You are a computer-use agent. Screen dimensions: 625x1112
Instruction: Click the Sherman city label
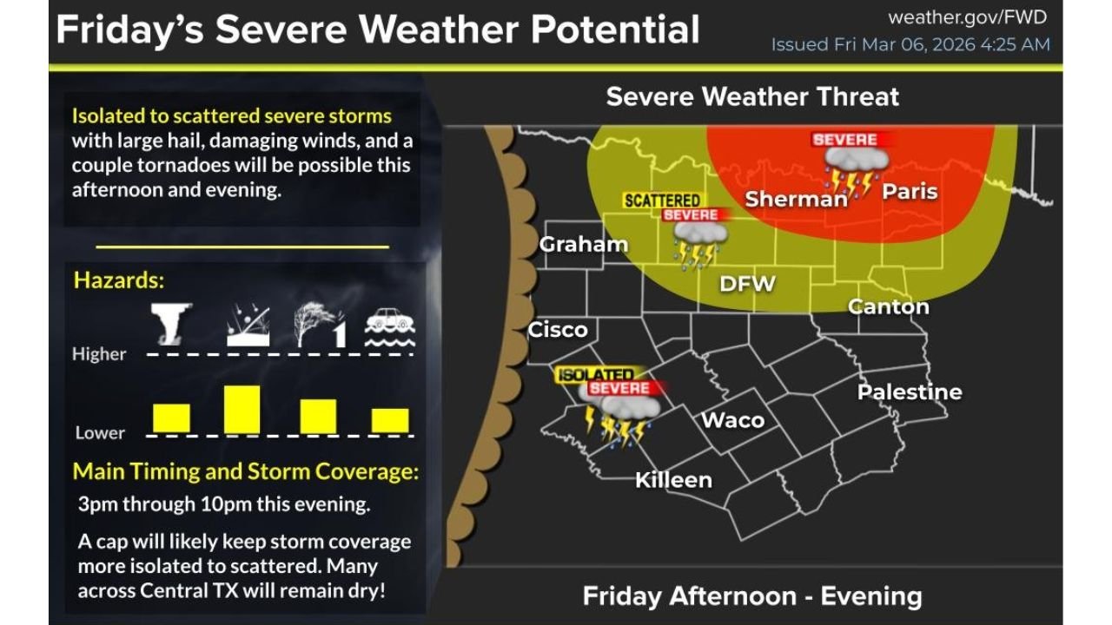(x=796, y=199)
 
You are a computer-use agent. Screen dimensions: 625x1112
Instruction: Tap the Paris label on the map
(x=910, y=191)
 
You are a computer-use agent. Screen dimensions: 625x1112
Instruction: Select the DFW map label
(x=747, y=284)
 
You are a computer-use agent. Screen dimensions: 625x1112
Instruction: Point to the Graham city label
(x=583, y=245)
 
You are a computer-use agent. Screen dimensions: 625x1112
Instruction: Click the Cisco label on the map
(x=558, y=330)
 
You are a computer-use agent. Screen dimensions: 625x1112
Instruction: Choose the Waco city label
(x=732, y=421)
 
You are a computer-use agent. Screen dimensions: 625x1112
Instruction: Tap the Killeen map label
(x=673, y=480)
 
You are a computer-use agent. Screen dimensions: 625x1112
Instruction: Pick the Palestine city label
(x=910, y=392)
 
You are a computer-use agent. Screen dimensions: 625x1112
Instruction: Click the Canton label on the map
(x=888, y=306)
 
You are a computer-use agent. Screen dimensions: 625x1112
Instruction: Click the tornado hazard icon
(x=170, y=324)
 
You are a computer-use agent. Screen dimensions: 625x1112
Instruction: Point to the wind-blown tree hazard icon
(x=318, y=325)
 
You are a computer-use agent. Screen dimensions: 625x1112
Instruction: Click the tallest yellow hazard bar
(x=242, y=409)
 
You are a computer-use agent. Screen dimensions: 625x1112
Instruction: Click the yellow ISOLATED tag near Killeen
(x=595, y=374)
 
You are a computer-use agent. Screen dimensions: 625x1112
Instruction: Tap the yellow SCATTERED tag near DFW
(x=662, y=201)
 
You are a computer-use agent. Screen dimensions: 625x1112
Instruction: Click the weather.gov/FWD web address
(x=968, y=17)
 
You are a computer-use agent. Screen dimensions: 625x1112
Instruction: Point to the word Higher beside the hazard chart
(x=99, y=354)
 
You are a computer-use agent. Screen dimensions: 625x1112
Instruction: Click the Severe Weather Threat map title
(x=752, y=96)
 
